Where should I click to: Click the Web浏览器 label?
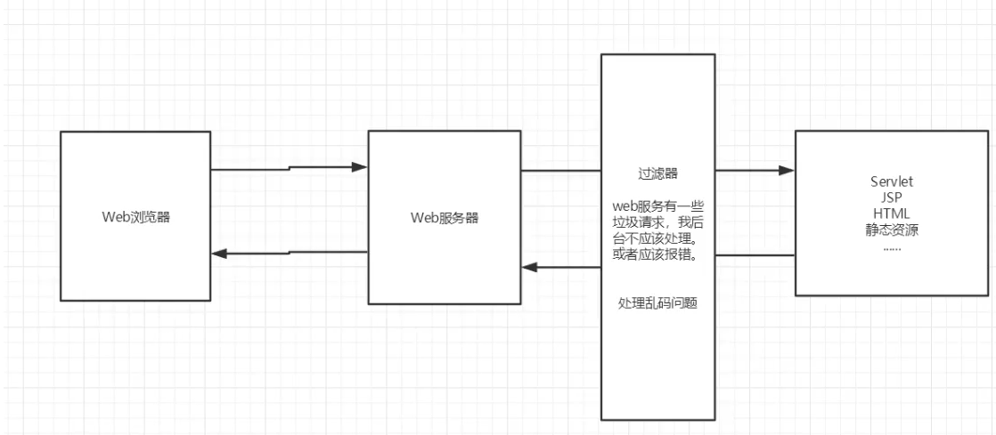click(x=135, y=216)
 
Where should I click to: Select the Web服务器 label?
click(x=444, y=216)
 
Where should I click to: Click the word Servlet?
click(x=892, y=182)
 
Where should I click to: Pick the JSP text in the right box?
click(x=892, y=198)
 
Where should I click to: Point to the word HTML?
click(x=892, y=214)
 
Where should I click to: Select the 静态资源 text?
click(x=892, y=230)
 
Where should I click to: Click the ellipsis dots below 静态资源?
click(x=892, y=246)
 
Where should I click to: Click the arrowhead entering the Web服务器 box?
click(x=360, y=167)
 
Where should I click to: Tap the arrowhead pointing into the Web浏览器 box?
click(x=220, y=254)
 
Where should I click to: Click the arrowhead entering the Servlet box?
click(x=786, y=170)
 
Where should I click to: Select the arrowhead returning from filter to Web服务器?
click(x=530, y=267)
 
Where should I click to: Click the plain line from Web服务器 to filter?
click(x=560, y=171)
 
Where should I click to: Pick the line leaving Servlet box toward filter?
click(x=755, y=255)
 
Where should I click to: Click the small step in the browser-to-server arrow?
click(x=289, y=168)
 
